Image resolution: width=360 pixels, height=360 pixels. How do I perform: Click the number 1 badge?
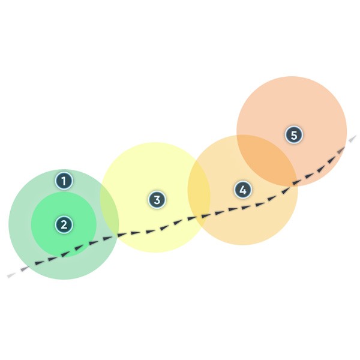click(x=64, y=179)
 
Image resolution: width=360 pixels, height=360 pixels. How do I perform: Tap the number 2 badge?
click(x=64, y=225)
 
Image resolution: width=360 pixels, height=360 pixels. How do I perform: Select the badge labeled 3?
click(x=157, y=200)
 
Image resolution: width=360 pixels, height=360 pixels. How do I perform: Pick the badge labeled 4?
click(x=242, y=190)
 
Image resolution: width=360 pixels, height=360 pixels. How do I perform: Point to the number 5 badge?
click(x=293, y=135)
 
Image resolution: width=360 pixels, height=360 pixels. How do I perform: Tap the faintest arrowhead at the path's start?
click(x=11, y=275)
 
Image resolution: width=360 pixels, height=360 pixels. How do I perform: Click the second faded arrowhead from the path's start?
click(x=24, y=268)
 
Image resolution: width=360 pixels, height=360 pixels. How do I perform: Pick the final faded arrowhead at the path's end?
click(x=353, y=139)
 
